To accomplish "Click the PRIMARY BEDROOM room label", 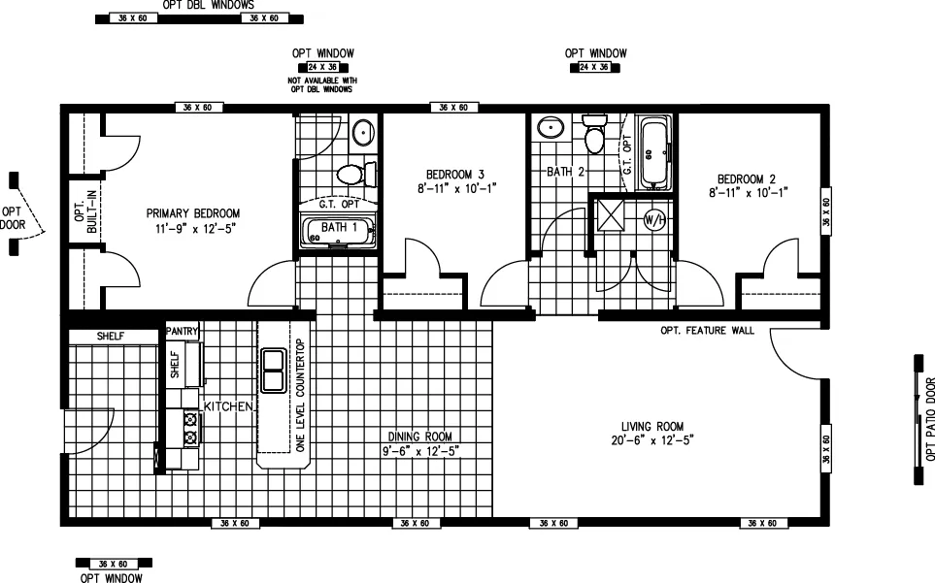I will pos(192,213).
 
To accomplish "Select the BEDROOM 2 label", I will pos(746,178).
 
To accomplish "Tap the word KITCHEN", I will pos(228,405).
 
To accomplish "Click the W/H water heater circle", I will pos(653,219).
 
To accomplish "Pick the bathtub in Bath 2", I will pos(655,153).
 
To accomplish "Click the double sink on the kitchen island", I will pos(273,370).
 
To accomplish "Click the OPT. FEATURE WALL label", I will pos(707,331).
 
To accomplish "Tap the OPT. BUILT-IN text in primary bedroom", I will pos(85,211).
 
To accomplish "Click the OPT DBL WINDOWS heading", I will pos(201,4).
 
